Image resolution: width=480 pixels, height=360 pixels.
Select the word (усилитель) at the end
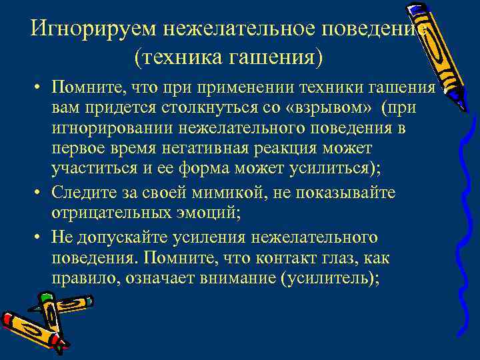coord(331,278)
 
